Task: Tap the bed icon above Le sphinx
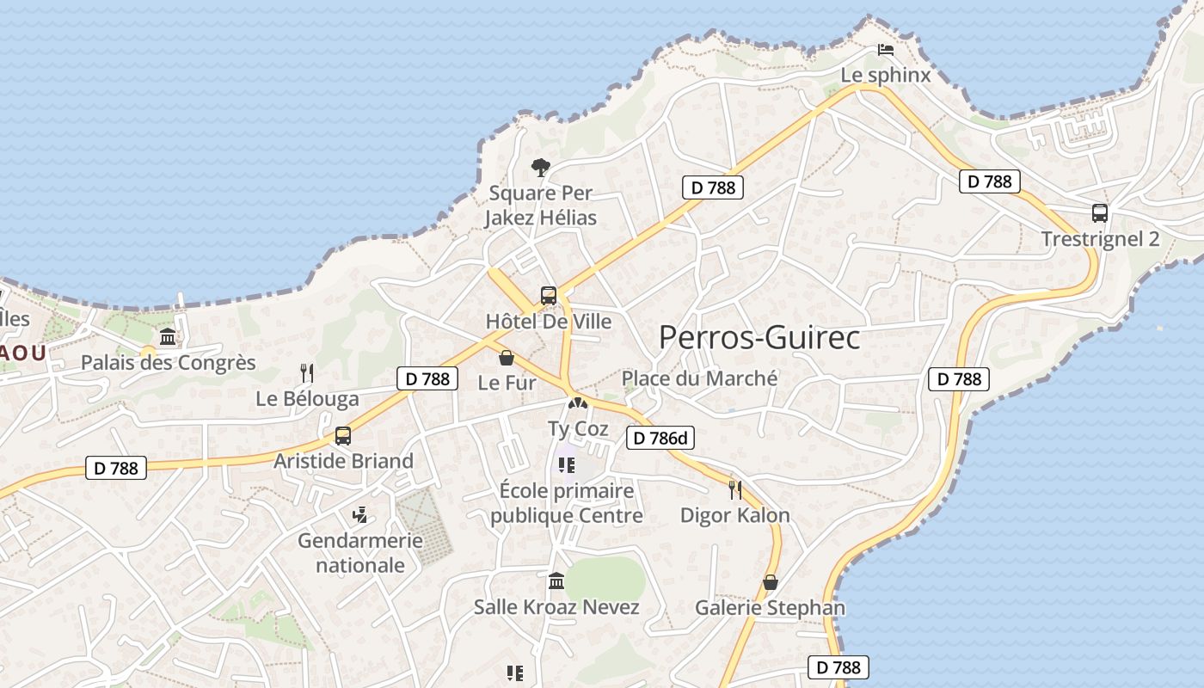(885, 50)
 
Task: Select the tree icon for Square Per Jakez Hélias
(540, 167)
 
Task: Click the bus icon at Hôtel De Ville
(549, 296)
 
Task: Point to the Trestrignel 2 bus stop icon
(1099, 213)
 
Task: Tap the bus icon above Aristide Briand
(343, 435)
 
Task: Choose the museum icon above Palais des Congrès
(168, 336)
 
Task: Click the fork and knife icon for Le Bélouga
(306, 372)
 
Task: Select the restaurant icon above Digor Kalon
(734, 489)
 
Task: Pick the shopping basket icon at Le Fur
(507, 357)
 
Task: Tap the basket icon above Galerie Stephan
(771, 582)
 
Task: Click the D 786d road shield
(660, 439)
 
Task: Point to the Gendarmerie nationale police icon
(360, 515)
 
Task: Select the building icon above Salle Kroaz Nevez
(556, 581)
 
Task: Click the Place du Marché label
(699, 378)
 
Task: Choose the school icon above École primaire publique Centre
(566, 465)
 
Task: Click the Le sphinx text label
(885, 75)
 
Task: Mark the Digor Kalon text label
(734, 515)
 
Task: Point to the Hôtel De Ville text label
(549, 322)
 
